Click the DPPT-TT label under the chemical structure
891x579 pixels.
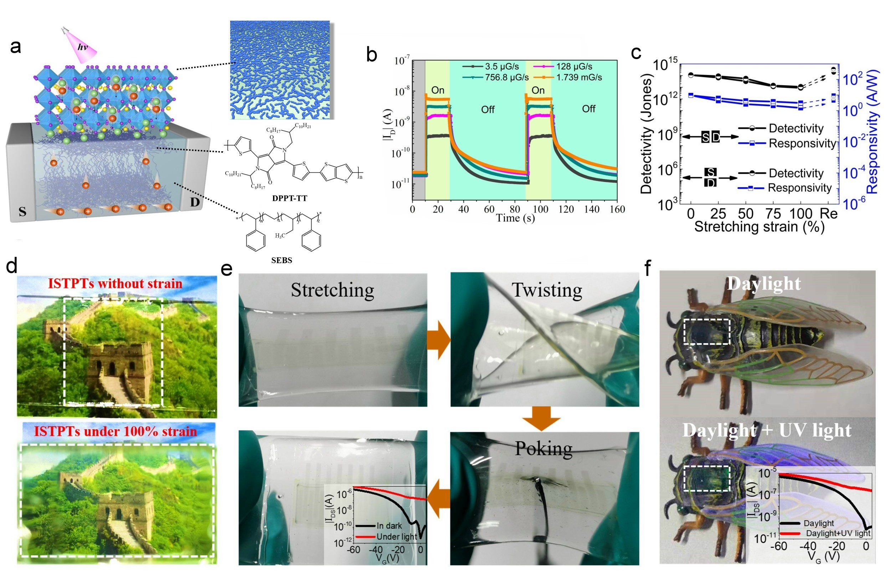pos(289,198)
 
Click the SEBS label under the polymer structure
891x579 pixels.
pos(282,260)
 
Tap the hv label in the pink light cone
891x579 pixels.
pos(83,47)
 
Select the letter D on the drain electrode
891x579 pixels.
pos(195,202)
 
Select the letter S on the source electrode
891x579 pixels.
pos(22,212)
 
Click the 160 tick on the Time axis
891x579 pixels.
pos(617,209)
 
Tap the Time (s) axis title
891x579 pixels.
pos(515,218)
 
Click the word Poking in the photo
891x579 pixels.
pos(543,448)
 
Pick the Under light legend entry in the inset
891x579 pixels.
pos(396,536)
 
